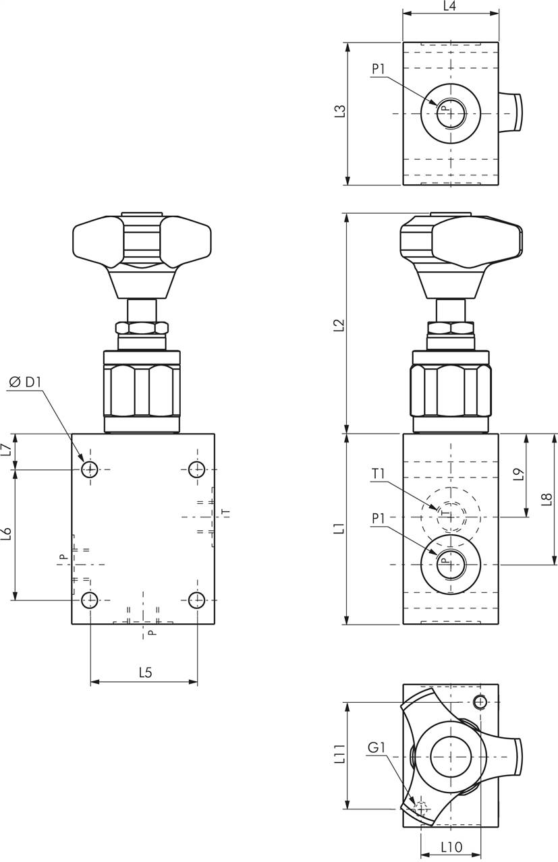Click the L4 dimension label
click(450, 6)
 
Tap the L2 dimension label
click(341, 324)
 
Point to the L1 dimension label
click(341, 529)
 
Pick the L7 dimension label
click(6, 450)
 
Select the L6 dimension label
click(6, 534)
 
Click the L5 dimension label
click(145, 672)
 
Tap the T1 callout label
click(378, 474)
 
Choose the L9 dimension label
click(518, 475)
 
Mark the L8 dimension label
click(547, 499)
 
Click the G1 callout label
click(376, 747)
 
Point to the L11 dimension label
click(340, 754)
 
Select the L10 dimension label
click(451, 846)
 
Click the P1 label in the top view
click(378, 69)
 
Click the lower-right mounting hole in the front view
click(197, 599)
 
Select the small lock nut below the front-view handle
click(142, 328)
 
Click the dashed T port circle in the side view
click(451, 516)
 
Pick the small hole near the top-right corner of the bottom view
click(480, 702)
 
